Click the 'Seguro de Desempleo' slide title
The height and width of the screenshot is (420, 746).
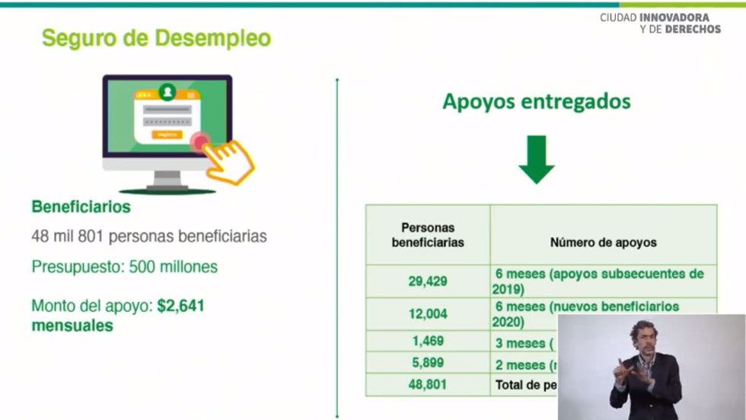[x=156, y=38]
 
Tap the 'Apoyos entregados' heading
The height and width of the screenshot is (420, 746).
[x=536, y=101]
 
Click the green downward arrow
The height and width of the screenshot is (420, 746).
[x=537, y=159]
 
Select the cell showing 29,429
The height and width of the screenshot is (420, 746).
[x=428, y=281]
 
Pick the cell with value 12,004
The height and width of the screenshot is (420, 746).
[x=428, y=313]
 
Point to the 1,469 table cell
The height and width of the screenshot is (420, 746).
[x=428, y=341]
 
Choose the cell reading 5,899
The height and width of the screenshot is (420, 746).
[x=428, y=363]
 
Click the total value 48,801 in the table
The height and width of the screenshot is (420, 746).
[x=428, y=385]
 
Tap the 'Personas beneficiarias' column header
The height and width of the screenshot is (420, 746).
[x=428, y=235]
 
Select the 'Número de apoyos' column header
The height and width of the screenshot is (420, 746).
[x=603, y=242]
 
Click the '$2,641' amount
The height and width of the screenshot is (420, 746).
[x=181, y=306]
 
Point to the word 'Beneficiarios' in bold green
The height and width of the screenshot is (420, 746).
[x=81, y=207]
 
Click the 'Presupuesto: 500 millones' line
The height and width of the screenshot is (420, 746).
[x=125, y=267]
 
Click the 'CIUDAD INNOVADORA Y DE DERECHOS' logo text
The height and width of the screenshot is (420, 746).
[x=660, y=23]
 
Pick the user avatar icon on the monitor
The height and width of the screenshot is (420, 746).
[x=167, y=92]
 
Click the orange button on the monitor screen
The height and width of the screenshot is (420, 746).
[x=167, y=135]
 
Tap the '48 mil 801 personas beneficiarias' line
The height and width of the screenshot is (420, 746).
[x=149, y=236]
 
